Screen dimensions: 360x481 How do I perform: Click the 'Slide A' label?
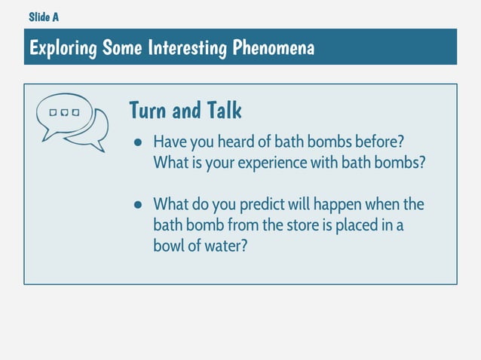pos(43,17)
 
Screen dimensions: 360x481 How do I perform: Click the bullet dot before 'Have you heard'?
pos(138,142)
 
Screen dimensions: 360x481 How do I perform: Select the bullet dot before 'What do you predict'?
pos(138,205)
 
